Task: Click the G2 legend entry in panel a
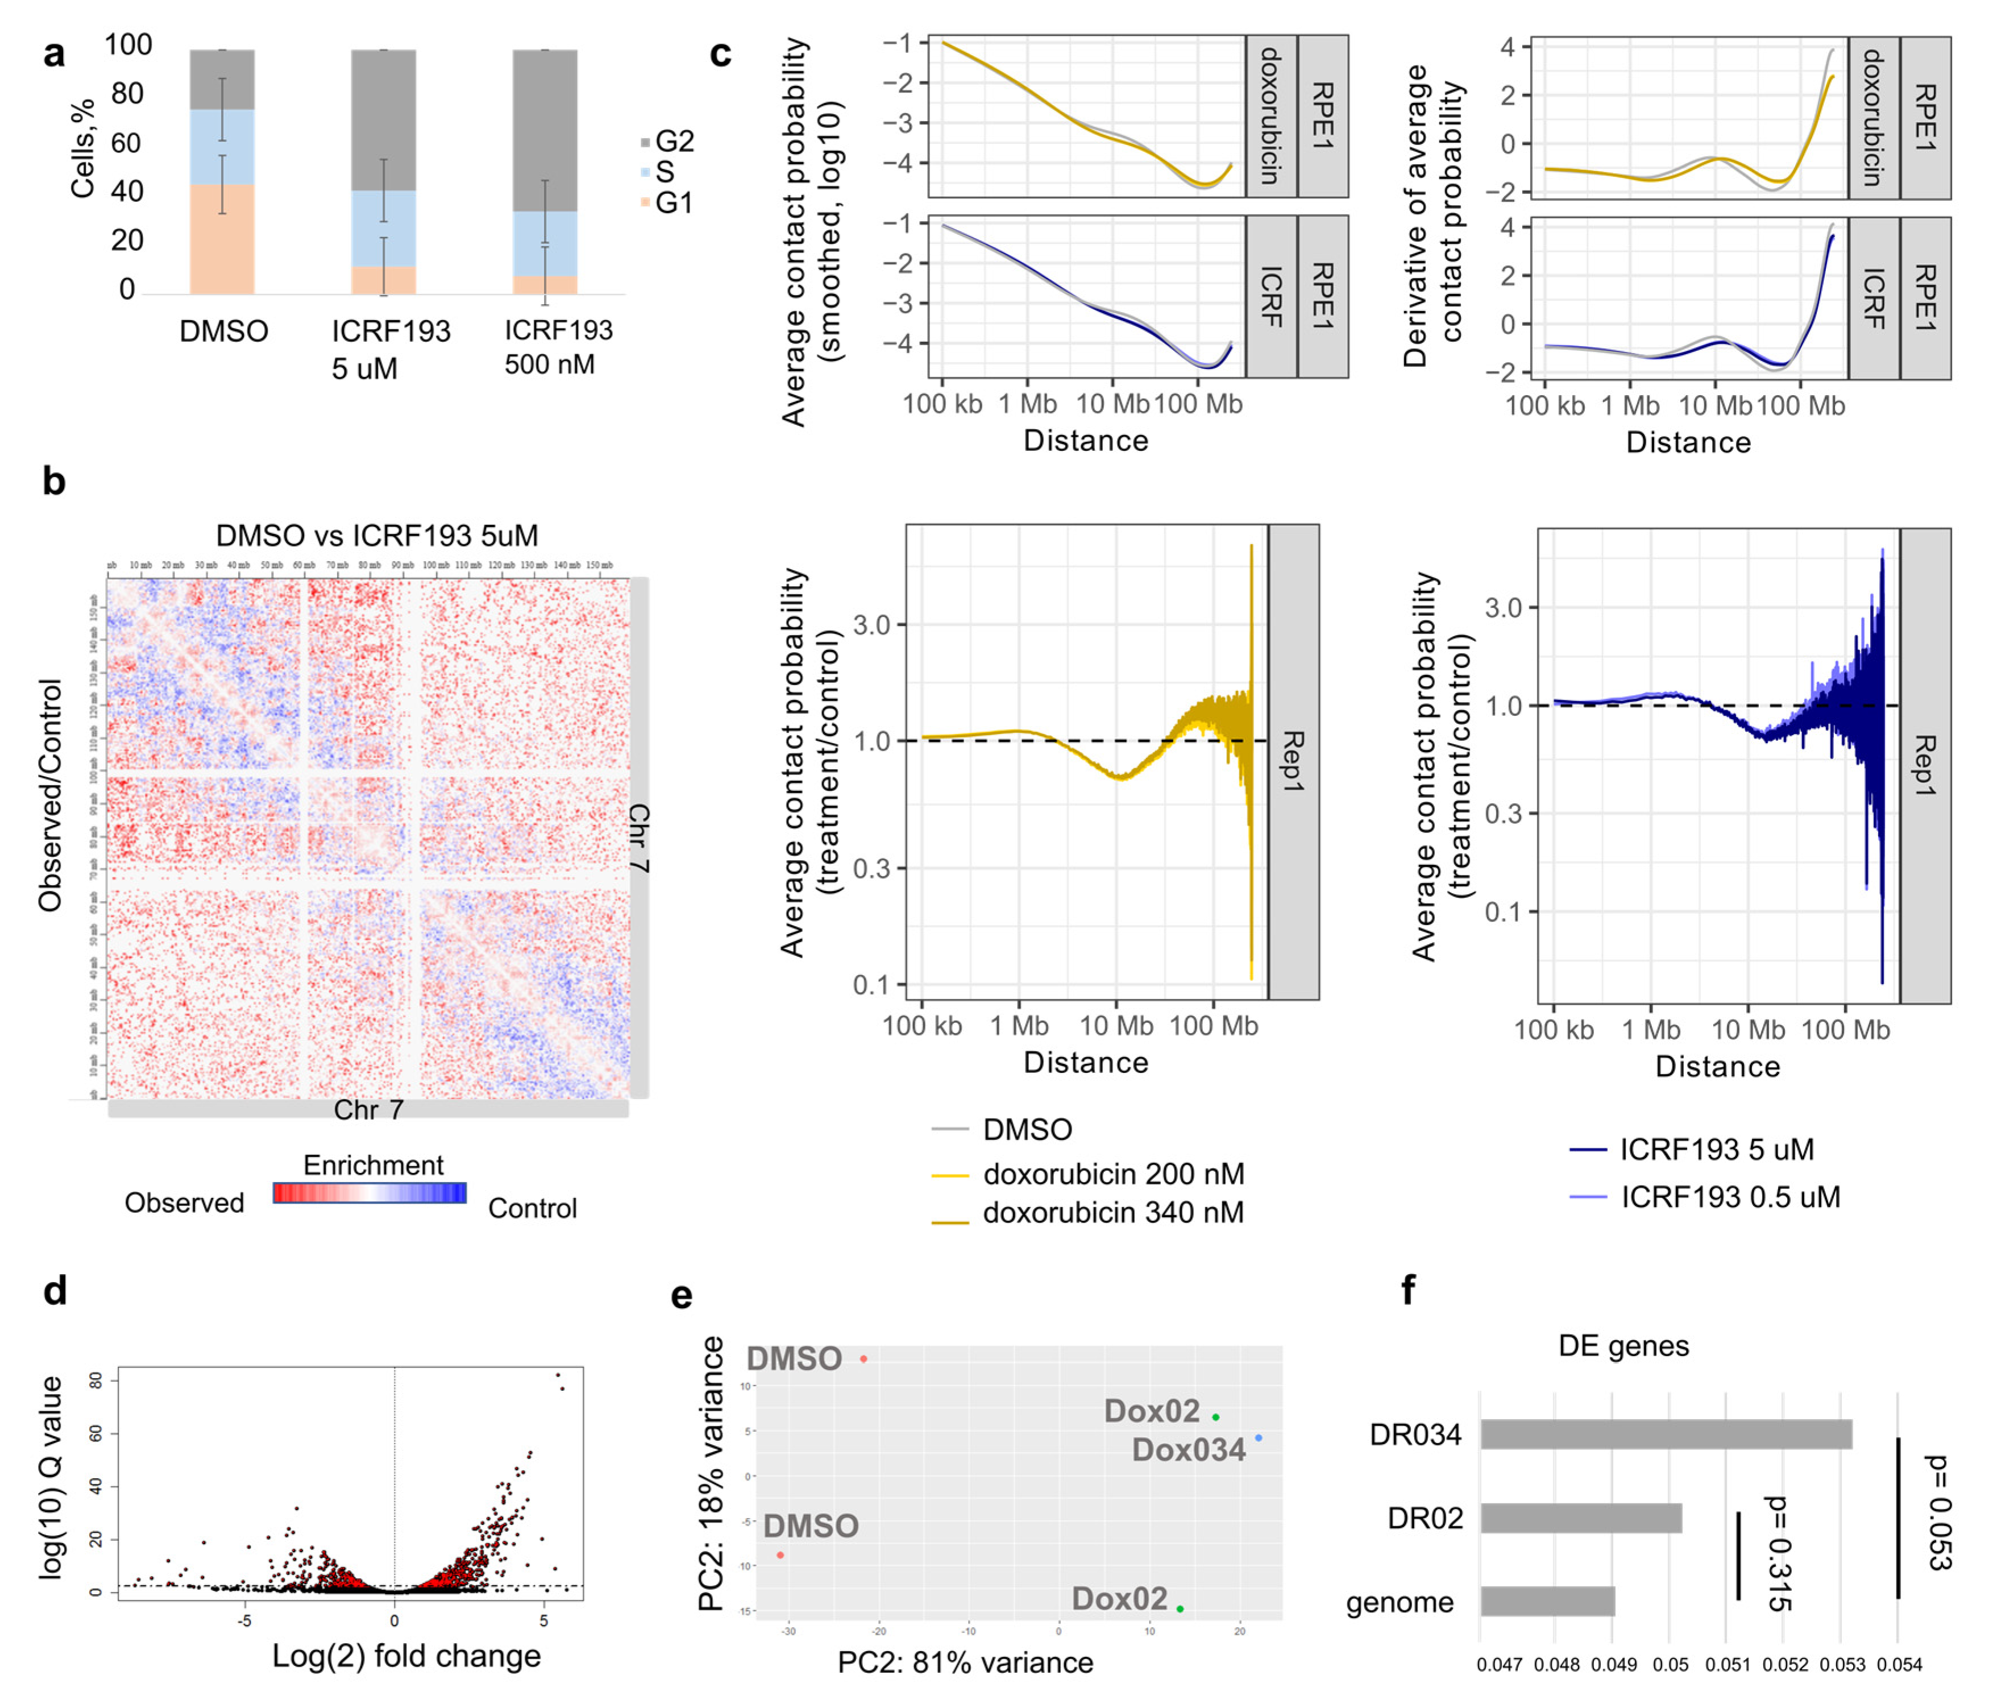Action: coord(672,142)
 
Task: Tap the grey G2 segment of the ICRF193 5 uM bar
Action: coord(383,120)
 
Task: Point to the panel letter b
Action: coord(54,480)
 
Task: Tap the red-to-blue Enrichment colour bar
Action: coord(369,1192)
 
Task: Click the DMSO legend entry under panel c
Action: coord(1026,1130)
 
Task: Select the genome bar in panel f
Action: coord(1547,1602)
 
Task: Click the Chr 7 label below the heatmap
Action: coord(368,1110)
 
